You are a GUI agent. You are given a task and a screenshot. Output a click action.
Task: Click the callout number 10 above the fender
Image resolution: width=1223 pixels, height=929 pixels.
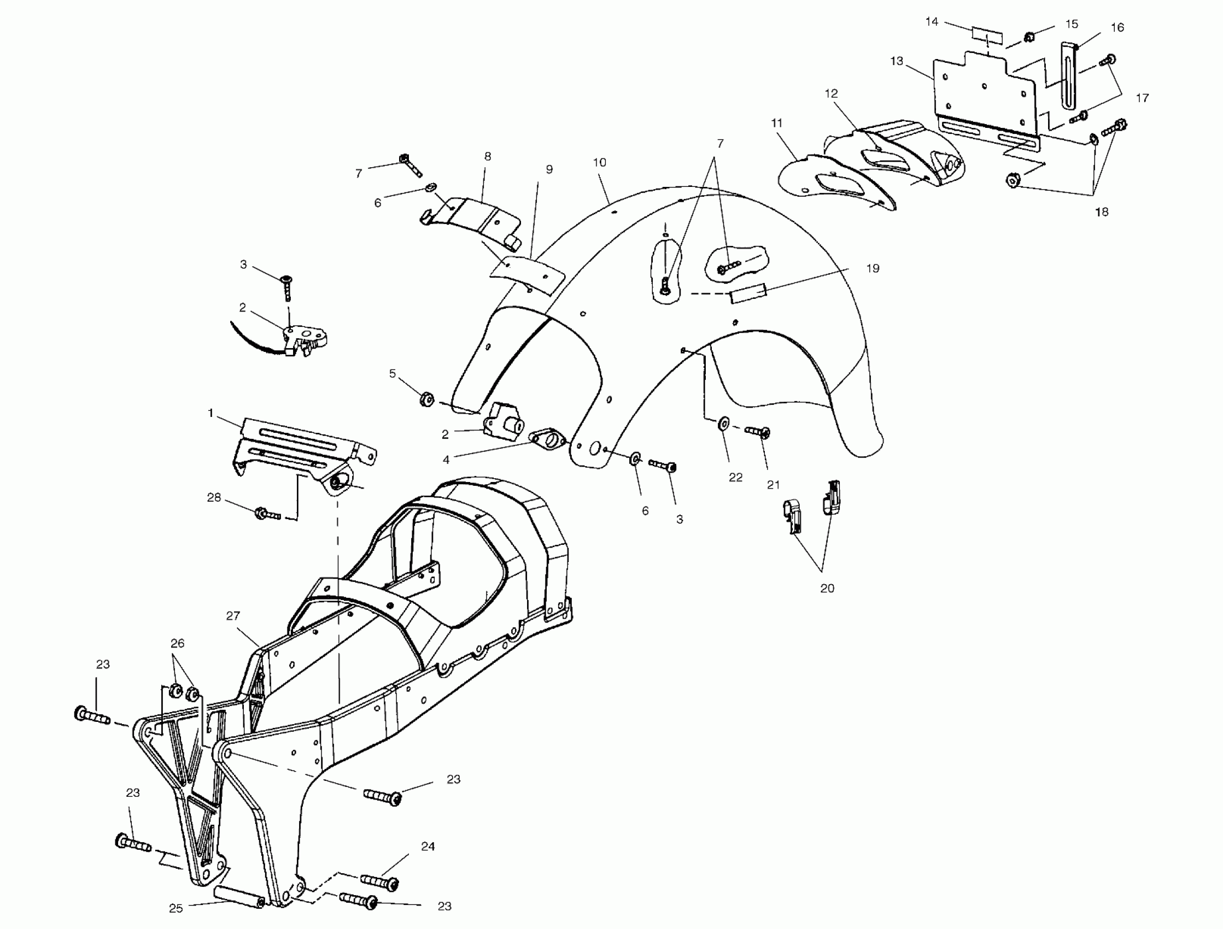point(599,163)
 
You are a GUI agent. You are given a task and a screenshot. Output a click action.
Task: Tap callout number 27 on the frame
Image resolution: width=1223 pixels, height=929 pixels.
point(233,615)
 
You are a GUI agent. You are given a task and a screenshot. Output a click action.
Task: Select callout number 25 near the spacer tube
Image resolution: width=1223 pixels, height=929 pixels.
point(176,908)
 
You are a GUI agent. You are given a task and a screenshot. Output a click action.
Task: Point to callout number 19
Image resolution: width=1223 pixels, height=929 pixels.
point(873,268)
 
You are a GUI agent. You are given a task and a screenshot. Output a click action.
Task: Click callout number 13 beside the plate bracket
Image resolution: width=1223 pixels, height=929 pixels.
point(896,61)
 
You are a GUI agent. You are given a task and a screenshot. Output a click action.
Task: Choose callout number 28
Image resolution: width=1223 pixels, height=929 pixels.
point(214,497)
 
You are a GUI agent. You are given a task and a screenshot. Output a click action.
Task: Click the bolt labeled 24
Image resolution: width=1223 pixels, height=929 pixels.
point(380,881)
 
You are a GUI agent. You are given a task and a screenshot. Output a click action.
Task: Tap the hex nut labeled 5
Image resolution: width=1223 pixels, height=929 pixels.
point(426,398)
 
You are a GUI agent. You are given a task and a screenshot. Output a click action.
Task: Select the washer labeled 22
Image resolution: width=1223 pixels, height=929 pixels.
point(723,425)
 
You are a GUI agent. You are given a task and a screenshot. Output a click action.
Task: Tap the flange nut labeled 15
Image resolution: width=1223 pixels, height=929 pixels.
point(1029,38)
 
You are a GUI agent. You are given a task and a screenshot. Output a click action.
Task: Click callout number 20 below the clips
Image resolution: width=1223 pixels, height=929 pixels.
point(827,589)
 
